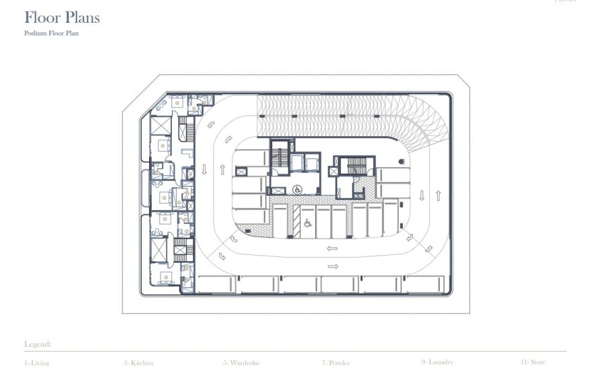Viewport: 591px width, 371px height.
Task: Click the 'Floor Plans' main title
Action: (x=62, y=17)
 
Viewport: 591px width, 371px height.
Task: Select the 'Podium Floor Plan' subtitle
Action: (x=51, y=33)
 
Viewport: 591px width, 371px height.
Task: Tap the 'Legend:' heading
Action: (x=38, y=344)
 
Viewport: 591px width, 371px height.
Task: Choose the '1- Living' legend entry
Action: (x=36, y=363)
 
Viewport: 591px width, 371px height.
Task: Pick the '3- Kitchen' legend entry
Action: (x=138, y=363)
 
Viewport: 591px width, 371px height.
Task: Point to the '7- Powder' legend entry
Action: (x=336, y=363)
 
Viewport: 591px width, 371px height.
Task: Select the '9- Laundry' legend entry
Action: (x=437, y=362)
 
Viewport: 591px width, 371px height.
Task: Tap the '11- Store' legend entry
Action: (x=533, y=362)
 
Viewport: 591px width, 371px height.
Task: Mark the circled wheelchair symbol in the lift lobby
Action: (x=298, y=190)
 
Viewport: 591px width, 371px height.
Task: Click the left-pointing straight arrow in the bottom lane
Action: (x=332, y=249)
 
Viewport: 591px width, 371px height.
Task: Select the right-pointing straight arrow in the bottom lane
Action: (x=332, y=266)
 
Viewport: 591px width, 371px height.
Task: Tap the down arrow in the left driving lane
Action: (x=204, y=170)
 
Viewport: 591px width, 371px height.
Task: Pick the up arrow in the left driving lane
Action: (x=222, y=170)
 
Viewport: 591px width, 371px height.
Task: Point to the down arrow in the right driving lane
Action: (x=422, y=196)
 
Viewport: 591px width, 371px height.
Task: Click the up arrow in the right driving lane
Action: (x=438, y=196)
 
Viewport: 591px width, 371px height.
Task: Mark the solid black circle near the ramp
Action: (x=401, y=161)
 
